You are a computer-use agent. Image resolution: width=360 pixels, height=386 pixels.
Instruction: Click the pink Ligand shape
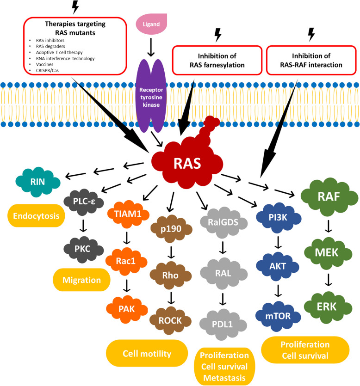tap(151, 24)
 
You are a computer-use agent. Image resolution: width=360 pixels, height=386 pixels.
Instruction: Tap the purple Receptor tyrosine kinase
tap(151, 96)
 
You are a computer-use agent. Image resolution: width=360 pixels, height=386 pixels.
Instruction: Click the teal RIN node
tap(37, 182)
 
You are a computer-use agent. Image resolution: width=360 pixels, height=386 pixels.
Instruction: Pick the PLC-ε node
tap(84, 202)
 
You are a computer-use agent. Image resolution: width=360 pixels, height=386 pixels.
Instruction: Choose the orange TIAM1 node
tap(128, 214)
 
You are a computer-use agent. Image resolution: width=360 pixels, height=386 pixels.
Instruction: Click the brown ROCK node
tap(170, 320)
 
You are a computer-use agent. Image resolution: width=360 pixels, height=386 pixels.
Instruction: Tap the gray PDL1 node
tap(223, 325)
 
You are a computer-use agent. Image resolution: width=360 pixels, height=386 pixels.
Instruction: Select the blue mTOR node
tap(278, 316)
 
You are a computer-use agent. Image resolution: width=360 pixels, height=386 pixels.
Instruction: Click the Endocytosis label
tap(36, 216)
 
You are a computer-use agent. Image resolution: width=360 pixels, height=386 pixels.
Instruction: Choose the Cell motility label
tap(147, 354)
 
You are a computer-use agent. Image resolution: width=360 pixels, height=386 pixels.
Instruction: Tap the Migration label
tap(81, 280)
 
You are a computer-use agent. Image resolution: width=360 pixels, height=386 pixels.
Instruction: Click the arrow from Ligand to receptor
tap(151, 47)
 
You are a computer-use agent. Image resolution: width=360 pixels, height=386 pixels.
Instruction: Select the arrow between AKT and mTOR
tap(278, 291)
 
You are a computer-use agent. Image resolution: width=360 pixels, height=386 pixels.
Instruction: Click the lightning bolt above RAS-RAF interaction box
tap(312, 34)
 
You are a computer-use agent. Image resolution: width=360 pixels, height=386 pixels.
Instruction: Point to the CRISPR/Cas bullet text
tap(47, 70)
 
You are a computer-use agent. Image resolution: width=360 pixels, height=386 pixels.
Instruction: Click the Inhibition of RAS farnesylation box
tap(217, 60)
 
